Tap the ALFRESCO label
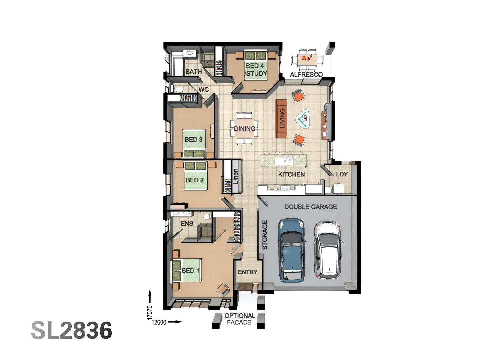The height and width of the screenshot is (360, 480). (x=306, y=74)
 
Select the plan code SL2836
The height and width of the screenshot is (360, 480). (x=72, y=330)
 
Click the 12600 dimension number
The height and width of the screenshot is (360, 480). (x=159, y=322)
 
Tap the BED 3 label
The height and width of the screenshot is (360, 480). (x=194, y=139)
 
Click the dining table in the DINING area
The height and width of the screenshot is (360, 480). (x=244, y=128)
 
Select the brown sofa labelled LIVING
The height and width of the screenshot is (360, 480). (x=281, y=118)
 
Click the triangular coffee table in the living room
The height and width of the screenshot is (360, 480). (x=303, y=119)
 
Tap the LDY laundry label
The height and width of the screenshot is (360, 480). (x=342, y=174)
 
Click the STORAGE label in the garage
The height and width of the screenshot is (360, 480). (x=265, y=235)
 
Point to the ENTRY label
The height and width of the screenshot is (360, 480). (x=248, y=272)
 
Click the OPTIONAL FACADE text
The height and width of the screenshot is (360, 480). (x=239, y=319)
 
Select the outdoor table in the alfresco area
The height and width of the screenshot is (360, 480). (x=307, y=59)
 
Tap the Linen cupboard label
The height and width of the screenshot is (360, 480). (x=235, y=176)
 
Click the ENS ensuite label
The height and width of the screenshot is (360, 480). (x=187, y=223)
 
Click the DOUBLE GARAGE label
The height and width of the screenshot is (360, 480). (x=310, y=207)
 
